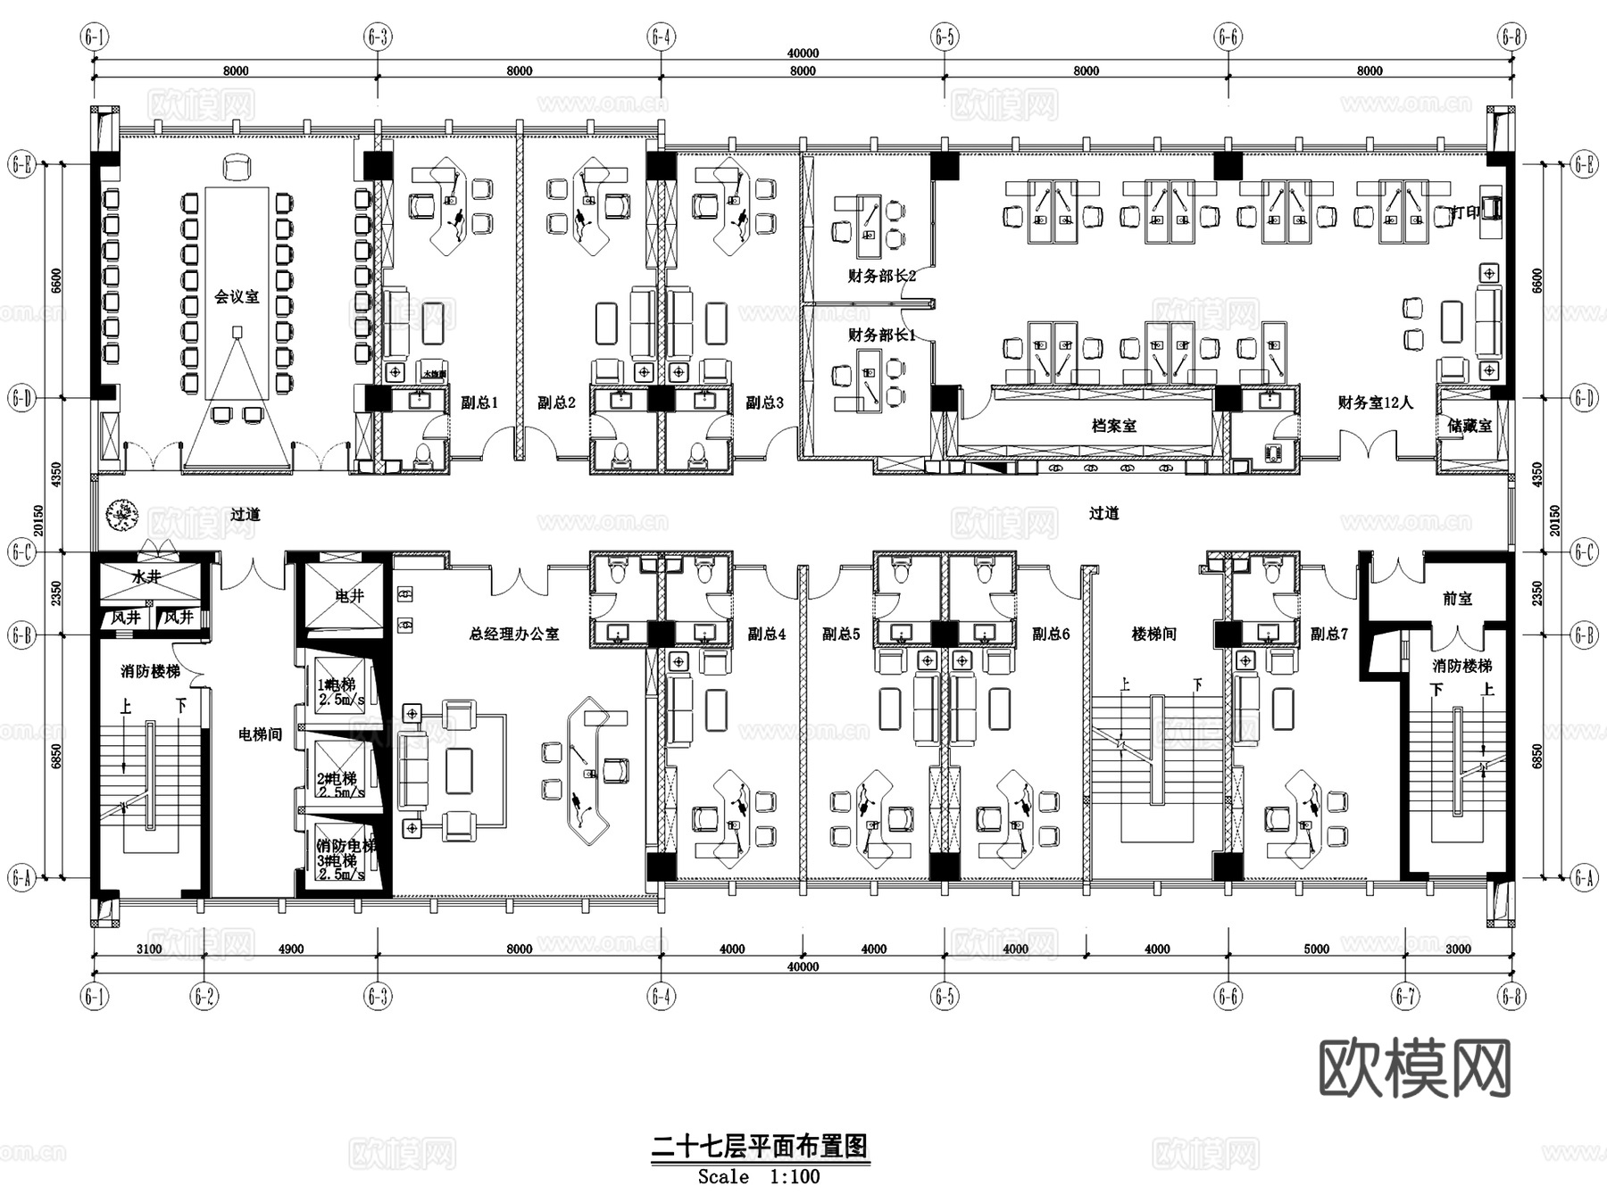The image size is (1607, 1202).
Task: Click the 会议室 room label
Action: pyautogui.click(x=237, y=296)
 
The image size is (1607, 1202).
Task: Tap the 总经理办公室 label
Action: pyautogui.click(x=514, y=634)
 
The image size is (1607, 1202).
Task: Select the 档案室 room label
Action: pyautogui.click(x=1113, y=427)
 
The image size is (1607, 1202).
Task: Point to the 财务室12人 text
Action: pyautogui.click(x=1375, y=402)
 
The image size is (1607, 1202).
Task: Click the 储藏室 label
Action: pyautogui.click(x=1470, y=427)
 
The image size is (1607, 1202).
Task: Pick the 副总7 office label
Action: pyautogui.click(x=1329, y=634)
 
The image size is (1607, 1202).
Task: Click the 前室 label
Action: pyautogui.click(x=1457, y=599)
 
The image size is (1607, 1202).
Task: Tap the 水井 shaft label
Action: pyautogui.click(x=146, y=577)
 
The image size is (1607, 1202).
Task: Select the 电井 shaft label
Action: pyautogui.click(x=349, y=595)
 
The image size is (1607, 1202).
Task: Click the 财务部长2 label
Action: pyautogui.click(x=881, y=276)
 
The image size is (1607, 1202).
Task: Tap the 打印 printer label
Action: pyautogui.click(x=1464, y=212)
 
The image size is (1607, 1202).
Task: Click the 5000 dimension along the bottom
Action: pyautogui.click(x=1316, y=949)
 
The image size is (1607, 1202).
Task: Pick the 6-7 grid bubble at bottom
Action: pyautogui.click(x=1405, y=996)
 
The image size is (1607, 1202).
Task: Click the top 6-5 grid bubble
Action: pyautogui.click(x=945, y=37)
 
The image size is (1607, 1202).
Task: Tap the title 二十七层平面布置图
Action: pyautogui.click(x=759, y=1146)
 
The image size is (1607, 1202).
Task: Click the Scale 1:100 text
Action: pyautogui.click(x=759, y=1177)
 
